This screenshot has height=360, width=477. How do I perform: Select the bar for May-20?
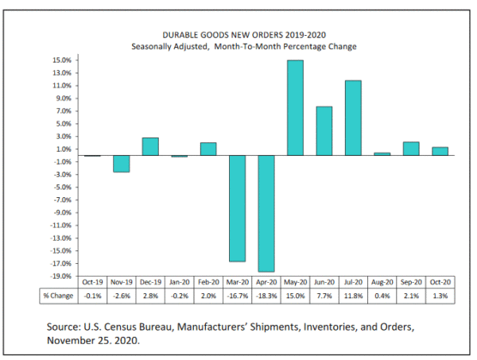tap(295, 108)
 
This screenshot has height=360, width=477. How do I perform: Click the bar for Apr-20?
tap(266, 214)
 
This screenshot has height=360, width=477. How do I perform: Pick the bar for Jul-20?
tap(353, 118)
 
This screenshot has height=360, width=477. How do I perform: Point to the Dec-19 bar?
tap(150, 147)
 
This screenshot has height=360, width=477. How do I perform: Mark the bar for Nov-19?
tap(121, 164)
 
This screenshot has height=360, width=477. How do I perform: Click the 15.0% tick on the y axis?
tap(63, 60)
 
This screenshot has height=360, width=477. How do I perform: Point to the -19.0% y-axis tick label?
tap(62, 276)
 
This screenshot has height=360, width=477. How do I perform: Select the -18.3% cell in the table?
tap(266, 296)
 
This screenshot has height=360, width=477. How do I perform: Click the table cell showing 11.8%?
tap(353, 296)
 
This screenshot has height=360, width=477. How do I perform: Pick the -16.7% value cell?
tap(237, 296)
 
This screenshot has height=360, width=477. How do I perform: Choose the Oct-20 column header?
tap(440, 282)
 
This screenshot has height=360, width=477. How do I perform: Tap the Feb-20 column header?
tap(207, 282)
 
